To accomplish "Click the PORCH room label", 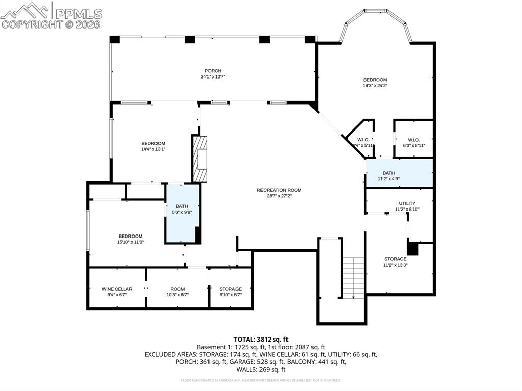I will pyautogui.click(x=213, y=71).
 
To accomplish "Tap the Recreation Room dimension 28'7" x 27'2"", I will pyautogui.click(x=279, y=196).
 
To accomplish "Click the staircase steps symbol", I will pyautogui.click(x=353, y=278).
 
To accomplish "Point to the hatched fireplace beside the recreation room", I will pyautogui.click(x=200, y=158).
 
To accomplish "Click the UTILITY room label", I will pyautogui.click(x=407, y=203).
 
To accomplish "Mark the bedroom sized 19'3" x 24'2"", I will pyautogui.click(x=375, y=83).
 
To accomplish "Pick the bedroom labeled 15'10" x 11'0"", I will pyautogui.click(x=130, y=239).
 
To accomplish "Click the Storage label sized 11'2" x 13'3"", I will pyautogui.click(x=395, y=259).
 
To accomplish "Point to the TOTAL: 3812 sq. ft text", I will pyautogui.click(x=261, y=339).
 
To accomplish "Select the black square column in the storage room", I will pyautogui.click(x=412, y=249).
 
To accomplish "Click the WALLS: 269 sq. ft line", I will pyautogui.click(x=261, y=369).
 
